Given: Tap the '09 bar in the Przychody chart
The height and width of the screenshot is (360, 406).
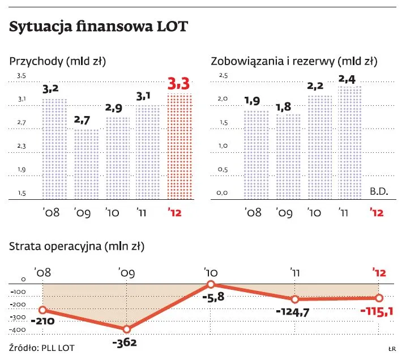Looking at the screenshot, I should point(87,164).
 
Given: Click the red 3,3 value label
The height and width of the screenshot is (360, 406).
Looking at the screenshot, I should point(180,84).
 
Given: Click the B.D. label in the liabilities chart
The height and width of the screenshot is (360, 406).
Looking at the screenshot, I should point(379,191).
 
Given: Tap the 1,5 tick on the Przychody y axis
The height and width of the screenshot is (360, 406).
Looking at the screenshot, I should point(22,193).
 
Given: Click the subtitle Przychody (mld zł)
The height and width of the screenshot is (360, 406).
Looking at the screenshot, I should point(58,61).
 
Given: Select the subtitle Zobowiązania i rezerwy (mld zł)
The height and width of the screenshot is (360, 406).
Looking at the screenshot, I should point(294,61).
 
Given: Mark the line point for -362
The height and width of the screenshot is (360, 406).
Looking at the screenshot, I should point(127,329).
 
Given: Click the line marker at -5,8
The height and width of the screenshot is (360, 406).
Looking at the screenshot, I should point(211,284).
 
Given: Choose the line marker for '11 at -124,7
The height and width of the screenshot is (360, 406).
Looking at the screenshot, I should point(295,299).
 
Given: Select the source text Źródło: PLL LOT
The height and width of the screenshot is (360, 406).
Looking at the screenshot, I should point(42,347).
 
